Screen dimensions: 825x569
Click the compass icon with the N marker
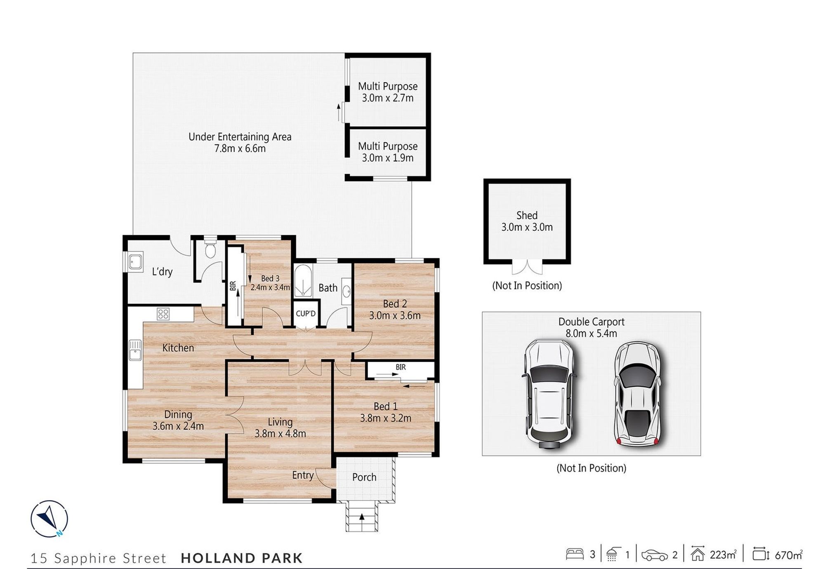[x=49, y=519]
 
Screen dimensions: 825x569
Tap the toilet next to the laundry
[x=210, y=248]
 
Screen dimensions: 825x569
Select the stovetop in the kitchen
[x=163, y=314]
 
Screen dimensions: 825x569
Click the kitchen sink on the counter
[x=135, y=350]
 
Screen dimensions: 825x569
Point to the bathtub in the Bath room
[x=303, y=281]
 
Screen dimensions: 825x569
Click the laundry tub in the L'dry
[x=135, y=261]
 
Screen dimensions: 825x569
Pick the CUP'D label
[x=306, y=314]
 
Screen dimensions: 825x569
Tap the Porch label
[x=364, y=477]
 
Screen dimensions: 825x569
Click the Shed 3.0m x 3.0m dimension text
[x=527, y=227]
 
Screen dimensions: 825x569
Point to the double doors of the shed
[x=527, y=267]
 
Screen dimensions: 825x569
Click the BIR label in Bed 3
[x=233, y=286]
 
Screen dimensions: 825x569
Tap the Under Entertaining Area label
[x=240, y=137]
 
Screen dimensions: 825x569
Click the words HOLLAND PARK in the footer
[x=242, y=558]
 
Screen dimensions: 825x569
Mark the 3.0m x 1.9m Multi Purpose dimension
[x=388, y=158]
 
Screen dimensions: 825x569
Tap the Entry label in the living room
[x=303, y=475]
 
